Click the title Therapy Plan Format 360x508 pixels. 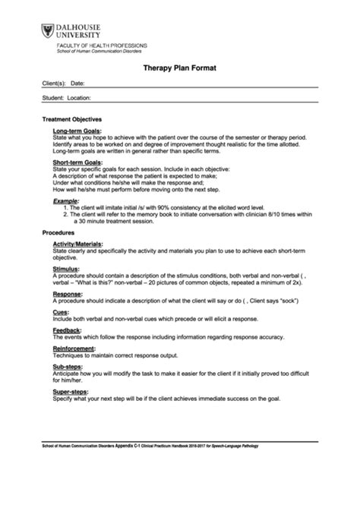point(179,68)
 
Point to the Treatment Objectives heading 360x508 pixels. point(71,119)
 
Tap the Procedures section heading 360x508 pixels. point(58,231)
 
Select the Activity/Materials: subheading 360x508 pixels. point(81,242)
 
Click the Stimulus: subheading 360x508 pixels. point(67,268)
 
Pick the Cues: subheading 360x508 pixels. point(62,311)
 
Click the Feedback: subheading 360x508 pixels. point(68,330)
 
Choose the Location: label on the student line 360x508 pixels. point(79,98)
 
